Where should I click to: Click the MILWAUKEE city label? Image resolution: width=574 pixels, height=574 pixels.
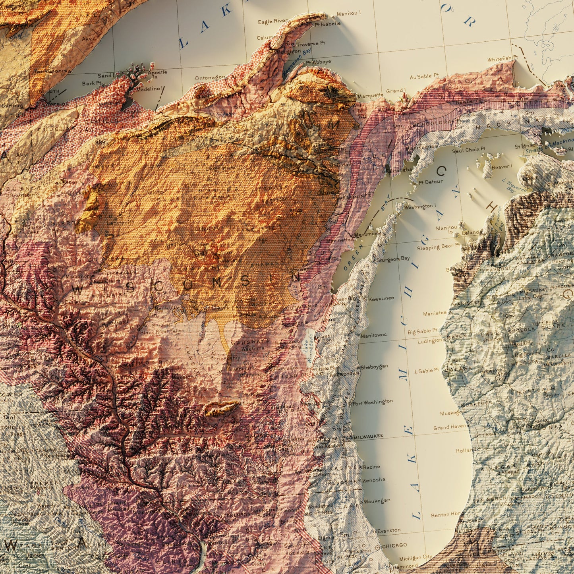coord(368,436)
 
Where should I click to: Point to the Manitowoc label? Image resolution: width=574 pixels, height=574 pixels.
coord(373,335)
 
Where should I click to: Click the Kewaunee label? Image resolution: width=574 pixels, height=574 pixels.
coord(381,298)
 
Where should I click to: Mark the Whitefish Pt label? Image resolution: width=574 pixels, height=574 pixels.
coord(502,59)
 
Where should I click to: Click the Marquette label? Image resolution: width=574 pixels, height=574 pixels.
coord(370,95)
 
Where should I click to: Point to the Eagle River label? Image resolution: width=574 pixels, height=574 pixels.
coord(273,21)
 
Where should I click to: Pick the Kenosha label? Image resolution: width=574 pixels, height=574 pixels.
coord(373,480)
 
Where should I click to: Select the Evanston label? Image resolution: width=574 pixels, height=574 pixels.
coord(389,530)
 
